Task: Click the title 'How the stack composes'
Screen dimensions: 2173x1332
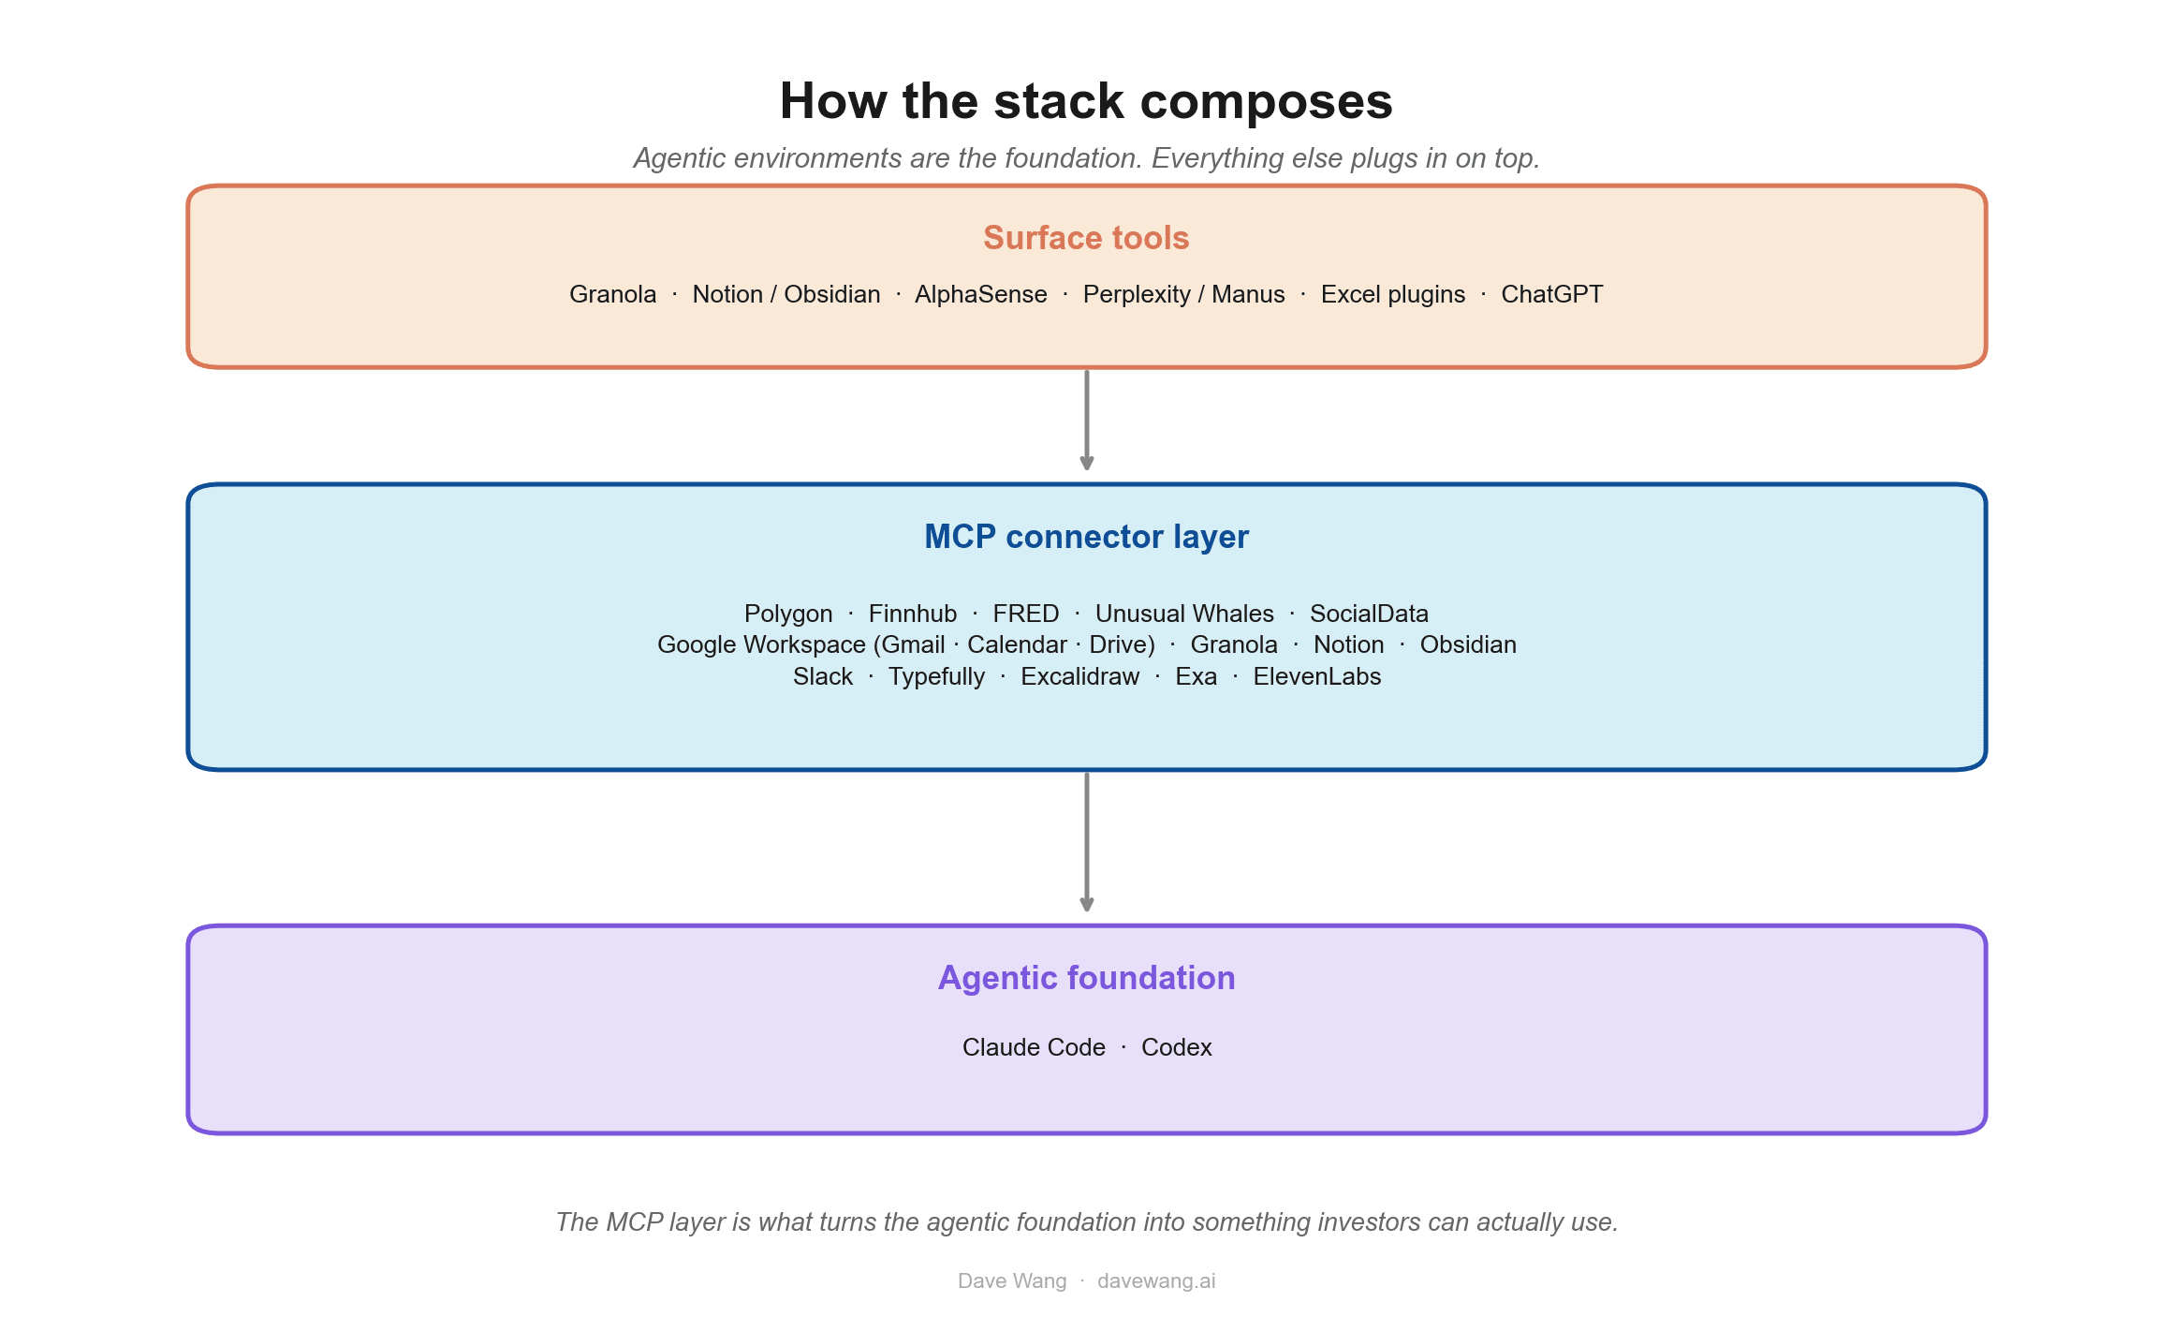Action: pos(1086,101)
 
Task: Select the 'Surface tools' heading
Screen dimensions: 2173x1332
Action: pos(1086,238)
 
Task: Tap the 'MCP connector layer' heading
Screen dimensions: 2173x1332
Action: pos(1086,537)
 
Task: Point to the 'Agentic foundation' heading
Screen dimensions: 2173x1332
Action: pos(1086,978)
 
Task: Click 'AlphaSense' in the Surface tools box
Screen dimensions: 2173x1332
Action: pos(980,294)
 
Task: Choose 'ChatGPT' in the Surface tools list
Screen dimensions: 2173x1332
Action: pos(1551,294)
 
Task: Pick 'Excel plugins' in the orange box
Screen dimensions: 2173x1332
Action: pos(1392,294)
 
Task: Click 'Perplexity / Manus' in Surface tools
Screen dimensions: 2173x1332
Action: pos(1183,294)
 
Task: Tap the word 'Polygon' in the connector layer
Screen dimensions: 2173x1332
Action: pos(788,614)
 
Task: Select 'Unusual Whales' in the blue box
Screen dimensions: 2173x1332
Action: pos(1184,614)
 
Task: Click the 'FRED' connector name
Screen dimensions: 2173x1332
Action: pos(1025,614)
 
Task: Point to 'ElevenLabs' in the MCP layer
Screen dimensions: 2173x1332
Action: pos(1316,676)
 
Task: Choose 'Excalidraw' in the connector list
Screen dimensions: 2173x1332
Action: pos(1079,676)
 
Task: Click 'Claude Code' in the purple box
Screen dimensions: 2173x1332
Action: pos(1034,1047)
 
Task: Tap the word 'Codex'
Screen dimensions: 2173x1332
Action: pos(1176,1047)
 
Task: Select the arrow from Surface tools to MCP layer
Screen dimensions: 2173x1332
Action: pos(1086,420)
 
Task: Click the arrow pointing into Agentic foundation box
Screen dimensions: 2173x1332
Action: pos(1086,842)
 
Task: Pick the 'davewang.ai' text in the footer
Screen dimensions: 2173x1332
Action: pos(1156,1280)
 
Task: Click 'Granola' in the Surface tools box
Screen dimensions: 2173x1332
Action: pos(612,294)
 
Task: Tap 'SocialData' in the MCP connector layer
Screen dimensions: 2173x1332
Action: pos(1369,614)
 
